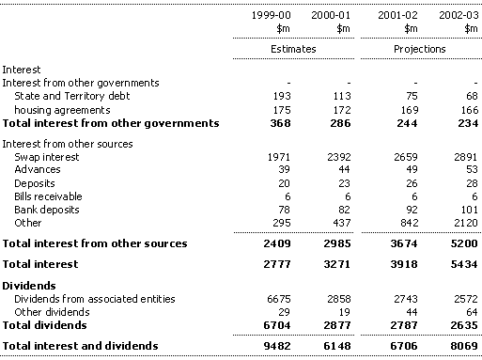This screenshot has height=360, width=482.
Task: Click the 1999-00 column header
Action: [272, 15]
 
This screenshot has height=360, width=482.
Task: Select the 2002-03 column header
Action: [459, 15]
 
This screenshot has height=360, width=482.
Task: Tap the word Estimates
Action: [293, 49]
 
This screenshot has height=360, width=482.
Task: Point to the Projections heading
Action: [420, 49]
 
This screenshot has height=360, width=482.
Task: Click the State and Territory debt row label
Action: [72, 96]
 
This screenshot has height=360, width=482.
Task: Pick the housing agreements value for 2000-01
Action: [342, 110]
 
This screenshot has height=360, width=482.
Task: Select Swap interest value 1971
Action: [279, 157]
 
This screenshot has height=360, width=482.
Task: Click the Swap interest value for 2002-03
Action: [466, 157]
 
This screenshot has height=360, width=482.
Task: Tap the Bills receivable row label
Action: [48, 196]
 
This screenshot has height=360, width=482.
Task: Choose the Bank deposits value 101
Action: [469, 210]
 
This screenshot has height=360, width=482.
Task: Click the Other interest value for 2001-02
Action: [409, 223]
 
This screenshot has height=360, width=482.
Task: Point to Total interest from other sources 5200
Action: [464, 243]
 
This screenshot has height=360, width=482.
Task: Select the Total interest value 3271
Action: [337, 264]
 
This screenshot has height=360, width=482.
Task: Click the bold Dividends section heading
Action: [29, 286]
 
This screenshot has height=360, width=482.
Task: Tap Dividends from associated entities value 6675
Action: [279, 299]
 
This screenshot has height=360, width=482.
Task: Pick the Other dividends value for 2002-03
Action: [473, 312]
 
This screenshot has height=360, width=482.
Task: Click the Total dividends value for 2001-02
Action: [404, 325]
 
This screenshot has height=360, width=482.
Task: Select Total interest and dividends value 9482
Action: [277, 346]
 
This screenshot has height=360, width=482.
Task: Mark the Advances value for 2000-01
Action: [345, 169]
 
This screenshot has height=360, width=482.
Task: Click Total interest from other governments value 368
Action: [281, 123]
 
